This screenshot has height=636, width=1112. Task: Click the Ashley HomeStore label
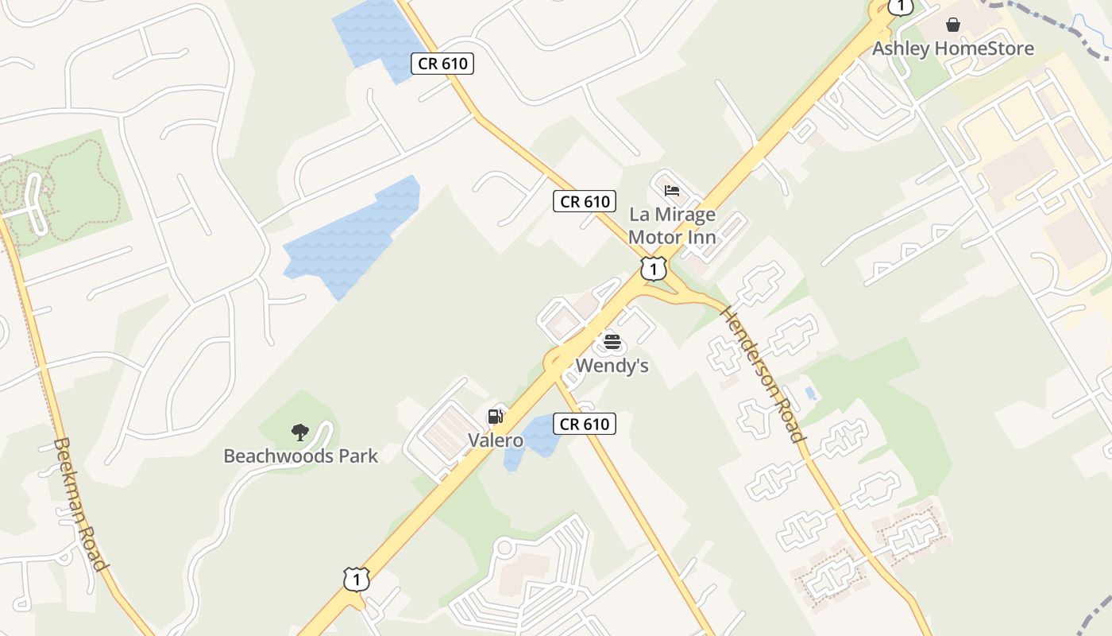pos(953,48)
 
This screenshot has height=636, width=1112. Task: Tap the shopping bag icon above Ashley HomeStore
pos(953,25)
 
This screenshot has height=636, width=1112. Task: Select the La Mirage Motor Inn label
pos(672,226)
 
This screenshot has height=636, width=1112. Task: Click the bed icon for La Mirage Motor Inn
pos(672,191)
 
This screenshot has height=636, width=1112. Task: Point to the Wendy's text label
pos(612,366)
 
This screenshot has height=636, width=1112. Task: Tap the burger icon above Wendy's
pos(612,342)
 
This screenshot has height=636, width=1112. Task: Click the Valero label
pos(495,440)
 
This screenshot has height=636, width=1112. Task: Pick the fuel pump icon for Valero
pos(495,416)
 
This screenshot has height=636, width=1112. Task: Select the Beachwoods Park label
pos(301,456)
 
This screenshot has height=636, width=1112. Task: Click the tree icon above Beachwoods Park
pos(300,432)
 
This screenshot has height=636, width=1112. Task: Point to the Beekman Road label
pos(79,504)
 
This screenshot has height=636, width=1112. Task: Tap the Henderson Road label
pos(762,374)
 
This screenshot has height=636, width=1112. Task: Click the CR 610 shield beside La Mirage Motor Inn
pos(585,202)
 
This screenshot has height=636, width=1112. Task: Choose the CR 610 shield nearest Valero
pos(585,424)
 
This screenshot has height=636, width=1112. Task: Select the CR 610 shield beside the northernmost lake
pos(442,64)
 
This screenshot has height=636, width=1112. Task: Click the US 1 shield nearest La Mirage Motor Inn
pos(653,269)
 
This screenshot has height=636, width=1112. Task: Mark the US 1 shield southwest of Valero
pos(357,579)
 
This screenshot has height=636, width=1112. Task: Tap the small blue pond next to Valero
pos(534,440)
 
